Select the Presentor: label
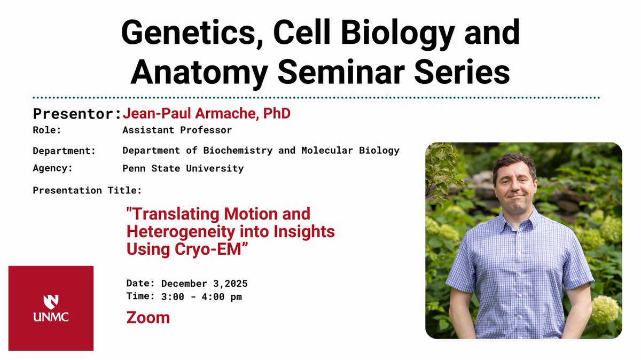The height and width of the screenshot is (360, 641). (x=77, y=114)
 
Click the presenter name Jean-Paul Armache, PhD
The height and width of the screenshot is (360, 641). (x=206, y=114)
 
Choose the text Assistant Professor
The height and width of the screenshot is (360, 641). (x=177, y=130)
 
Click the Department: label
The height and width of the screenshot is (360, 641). (x=64, y=151)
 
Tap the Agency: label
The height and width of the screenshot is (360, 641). (x=53, y=168)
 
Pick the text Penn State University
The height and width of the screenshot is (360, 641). (x=183, y=168)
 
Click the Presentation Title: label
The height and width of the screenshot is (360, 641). (x=87, y=190)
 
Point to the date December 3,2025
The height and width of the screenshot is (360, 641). (x=204, y=283)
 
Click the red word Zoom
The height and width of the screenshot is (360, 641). (x=148, y=318)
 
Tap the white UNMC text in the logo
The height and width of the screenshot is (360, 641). (x=51, y=317)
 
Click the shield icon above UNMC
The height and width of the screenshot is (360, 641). (x=51, y=301)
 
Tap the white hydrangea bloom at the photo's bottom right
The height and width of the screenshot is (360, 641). (x=605, y=310)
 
